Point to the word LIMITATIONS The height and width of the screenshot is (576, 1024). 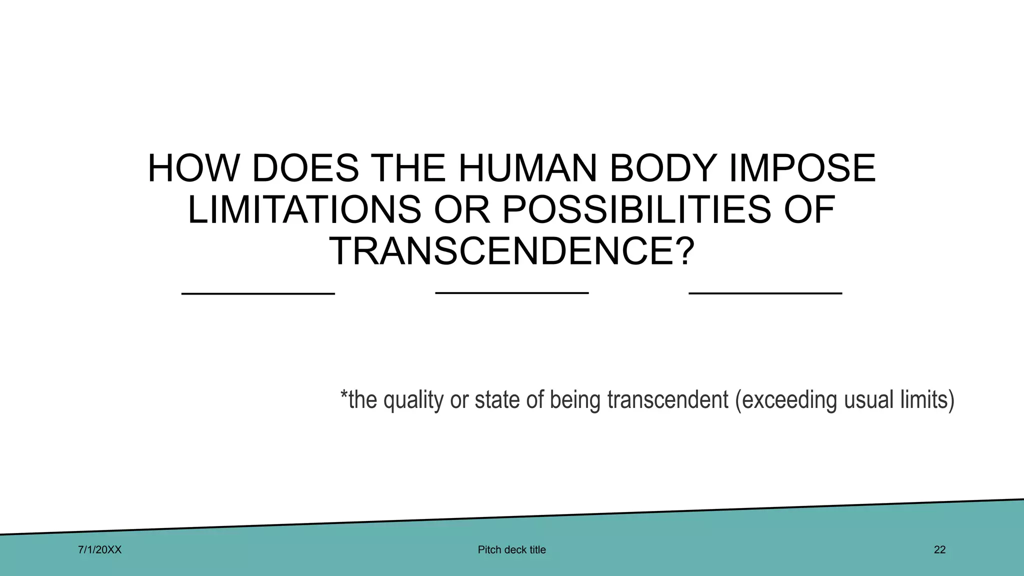[x=304, y=209]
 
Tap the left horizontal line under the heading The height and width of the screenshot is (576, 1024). [x=258, y=293]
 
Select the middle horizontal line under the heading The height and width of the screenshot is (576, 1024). [x=512, y=292]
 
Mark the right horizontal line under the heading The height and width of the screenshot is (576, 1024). [x=765, y=293]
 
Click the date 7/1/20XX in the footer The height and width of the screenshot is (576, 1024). [x=100, y=550]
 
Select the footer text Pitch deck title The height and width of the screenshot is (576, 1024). [x=511, y=550]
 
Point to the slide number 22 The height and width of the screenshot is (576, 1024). [x=939, y=550]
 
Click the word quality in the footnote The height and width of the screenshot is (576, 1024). [x=413, y=400]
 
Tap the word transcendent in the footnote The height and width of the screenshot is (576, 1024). [x=667, y=400]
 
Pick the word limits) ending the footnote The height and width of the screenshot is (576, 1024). [x=927, y=400]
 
